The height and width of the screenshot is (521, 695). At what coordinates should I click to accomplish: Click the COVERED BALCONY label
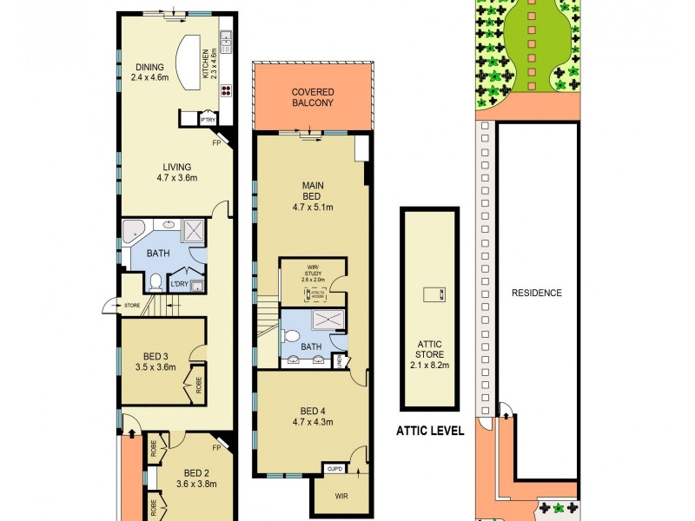[313, 97]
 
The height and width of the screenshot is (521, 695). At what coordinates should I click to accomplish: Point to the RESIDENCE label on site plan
[536, 293]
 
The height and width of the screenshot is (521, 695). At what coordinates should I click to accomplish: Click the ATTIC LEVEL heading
[430, 429]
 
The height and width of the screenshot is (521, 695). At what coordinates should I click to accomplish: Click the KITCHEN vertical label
[206, 62]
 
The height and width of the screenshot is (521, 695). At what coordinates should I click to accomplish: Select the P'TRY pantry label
[208, 120]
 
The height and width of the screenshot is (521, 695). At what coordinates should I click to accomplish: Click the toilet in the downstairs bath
[155, 281]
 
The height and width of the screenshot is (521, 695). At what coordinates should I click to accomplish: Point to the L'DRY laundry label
[180, 284]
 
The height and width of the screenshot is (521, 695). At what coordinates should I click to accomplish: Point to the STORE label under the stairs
[132, 305]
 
